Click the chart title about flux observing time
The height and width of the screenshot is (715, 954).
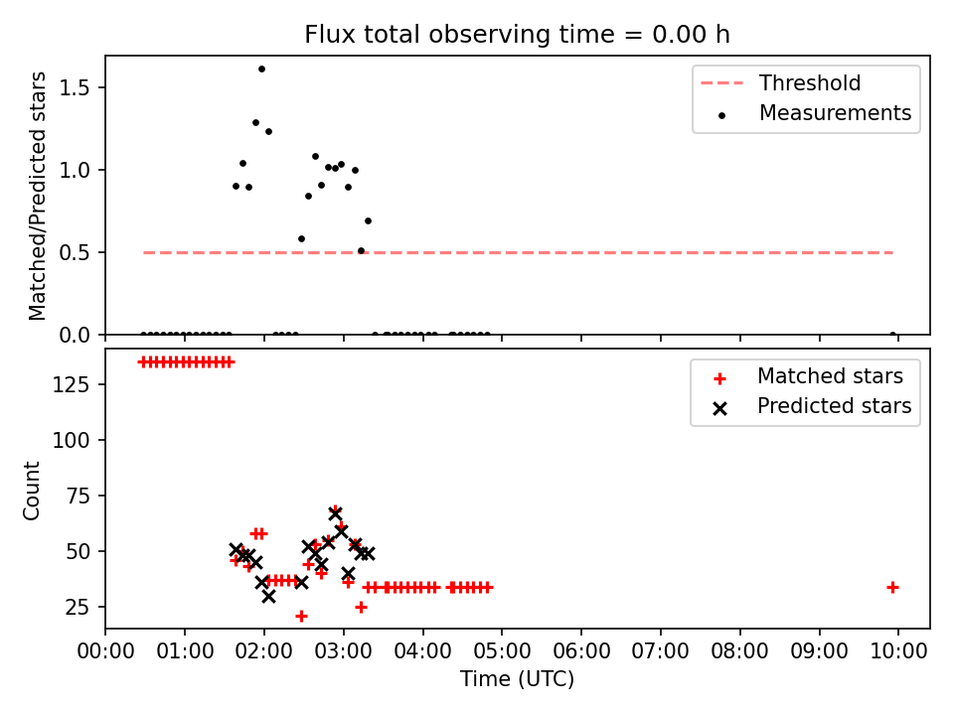coord(517,35)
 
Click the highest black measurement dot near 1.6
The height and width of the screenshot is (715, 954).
coord(261,70)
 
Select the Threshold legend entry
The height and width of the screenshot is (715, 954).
coord(781,82)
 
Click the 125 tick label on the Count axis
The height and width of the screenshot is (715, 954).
coord(71,385)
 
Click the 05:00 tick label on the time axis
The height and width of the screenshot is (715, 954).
coord(502,650)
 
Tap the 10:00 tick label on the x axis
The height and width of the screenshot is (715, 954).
coord(898,650)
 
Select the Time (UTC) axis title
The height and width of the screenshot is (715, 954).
coord(517,679)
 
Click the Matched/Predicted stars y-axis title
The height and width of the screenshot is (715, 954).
coord(37,196)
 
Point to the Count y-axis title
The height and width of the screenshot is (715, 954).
coord(31,491)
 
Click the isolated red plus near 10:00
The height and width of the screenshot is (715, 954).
coord(892,587)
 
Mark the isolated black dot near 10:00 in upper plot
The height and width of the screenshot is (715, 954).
coord(892,335)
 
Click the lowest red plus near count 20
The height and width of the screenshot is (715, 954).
coord(301,617)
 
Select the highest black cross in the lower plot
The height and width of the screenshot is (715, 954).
coord(335,514)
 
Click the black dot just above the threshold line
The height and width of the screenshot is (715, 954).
coord(361,250)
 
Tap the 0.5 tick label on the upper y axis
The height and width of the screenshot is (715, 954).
coord(74,252)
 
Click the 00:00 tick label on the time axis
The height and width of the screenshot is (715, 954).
coord(105,650)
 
